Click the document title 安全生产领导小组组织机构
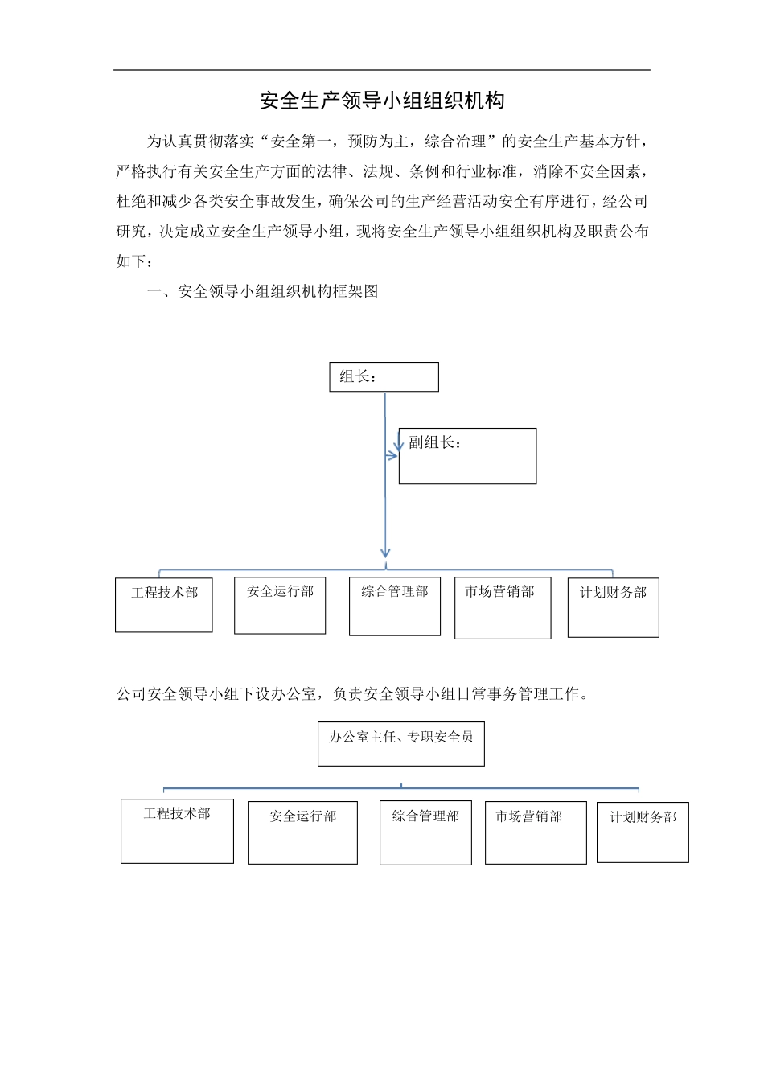tap(382, 101)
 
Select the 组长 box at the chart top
tap(384, 376)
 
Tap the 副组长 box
tap(467, 455)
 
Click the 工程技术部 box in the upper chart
tap(164, 605)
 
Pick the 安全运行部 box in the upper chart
tap(280, 605)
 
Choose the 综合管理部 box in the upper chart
tap(395, 606)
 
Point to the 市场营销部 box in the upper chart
tap(503, 607)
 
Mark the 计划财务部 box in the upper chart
tap(613, 607)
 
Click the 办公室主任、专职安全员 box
tap(400, 743)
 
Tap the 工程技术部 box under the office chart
tap(177, 831)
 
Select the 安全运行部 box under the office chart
tap(302, 832)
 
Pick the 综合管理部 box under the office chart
tap(425, 832)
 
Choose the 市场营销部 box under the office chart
tap(536, 832)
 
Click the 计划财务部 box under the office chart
tap(643, 832)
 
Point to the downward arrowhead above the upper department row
tap(385, 553)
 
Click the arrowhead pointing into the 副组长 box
tap(393, 455)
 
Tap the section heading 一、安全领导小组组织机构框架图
tap(262, 292)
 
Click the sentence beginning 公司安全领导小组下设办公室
tap(352, 694)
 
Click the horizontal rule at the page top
tap(381, 70)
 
